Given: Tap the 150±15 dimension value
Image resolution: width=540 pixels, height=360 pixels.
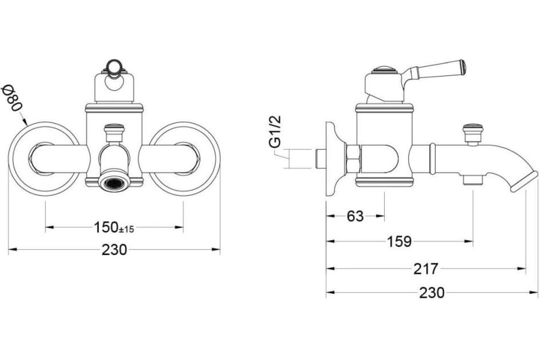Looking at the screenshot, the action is pos(114,227).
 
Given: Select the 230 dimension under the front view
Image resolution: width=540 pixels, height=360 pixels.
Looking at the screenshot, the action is pos(114,250).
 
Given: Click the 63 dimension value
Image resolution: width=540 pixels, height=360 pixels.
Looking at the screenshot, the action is pos(355,216).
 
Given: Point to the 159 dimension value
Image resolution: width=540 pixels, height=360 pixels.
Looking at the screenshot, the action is pos(399,241).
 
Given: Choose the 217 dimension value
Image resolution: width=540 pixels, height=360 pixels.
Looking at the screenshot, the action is pos(426,269).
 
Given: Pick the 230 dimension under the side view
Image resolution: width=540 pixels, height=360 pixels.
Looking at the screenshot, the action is pos(432,293).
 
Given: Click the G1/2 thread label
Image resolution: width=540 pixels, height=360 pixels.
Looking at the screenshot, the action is pos(275,132).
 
